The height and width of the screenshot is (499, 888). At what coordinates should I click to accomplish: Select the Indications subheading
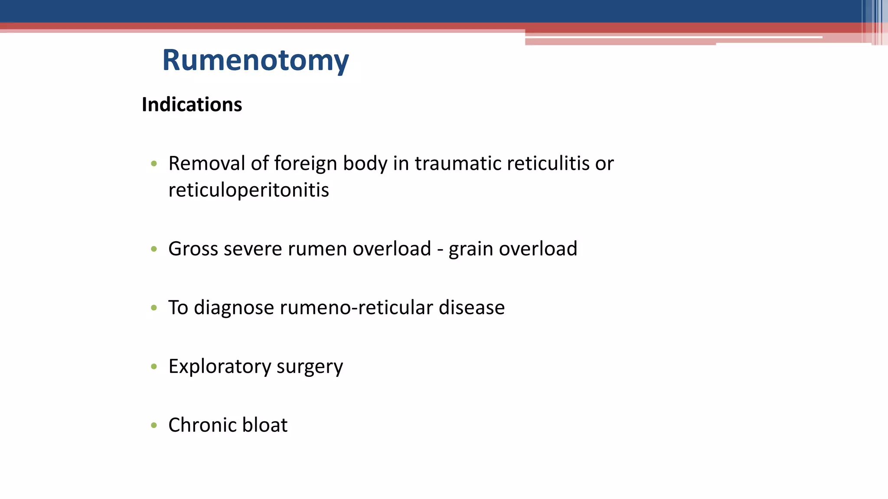(192, 104)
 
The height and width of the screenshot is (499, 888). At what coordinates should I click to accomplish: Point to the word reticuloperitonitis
(248, 190)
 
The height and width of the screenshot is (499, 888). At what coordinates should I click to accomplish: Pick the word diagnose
(234, 308)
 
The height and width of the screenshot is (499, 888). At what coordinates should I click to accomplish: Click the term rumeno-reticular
(356, 308)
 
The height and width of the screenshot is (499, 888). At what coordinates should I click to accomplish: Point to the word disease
(472, 308)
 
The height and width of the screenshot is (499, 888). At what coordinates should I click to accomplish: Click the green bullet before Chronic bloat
(153, 425)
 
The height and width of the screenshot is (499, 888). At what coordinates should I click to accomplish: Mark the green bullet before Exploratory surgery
(153, 366)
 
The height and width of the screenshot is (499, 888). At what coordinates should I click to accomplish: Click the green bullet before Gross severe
(153, 249)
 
